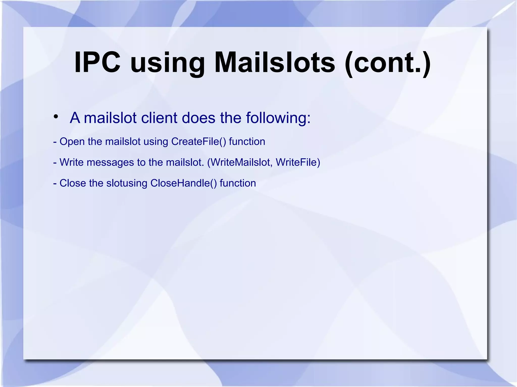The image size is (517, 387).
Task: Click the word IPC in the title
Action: click(x=97, y=62)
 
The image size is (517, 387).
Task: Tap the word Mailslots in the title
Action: click(x=275, y=62)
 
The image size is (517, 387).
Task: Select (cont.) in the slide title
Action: click(x=387, y=63)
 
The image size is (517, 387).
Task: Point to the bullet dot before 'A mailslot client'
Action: click(x=56, y=117)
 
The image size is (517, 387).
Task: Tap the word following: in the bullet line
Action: click(x=278, y=118)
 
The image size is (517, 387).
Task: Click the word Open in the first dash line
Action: click(x=72, y=142)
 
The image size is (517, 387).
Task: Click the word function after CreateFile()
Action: click(x=247, y=141)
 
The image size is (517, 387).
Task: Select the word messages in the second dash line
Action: click(x=110, y=163)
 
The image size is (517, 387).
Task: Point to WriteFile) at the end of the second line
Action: click(x=298, y=162)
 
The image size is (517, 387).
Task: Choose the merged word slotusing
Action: click(x=126, y=183)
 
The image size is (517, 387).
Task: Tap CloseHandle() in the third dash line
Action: click(x=184, y=183)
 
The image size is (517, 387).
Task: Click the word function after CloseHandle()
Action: click(x=238, y=183)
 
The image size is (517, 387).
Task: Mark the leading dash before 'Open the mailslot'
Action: click(x=55, y=142)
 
